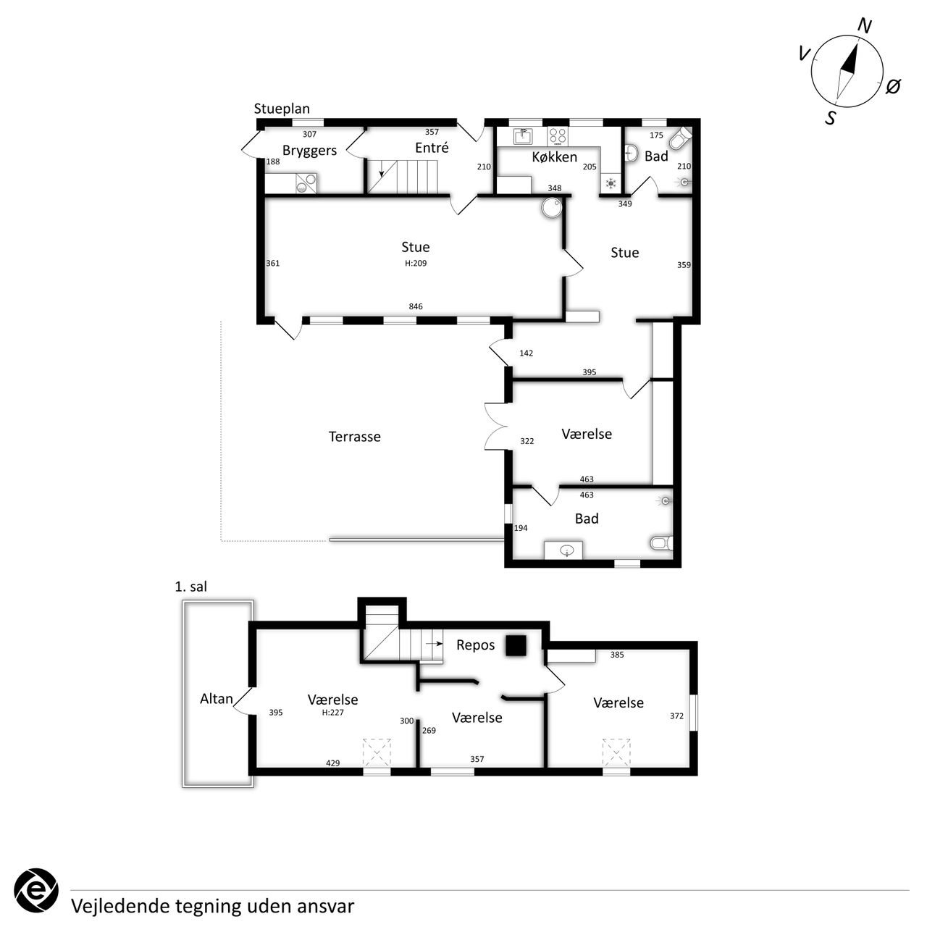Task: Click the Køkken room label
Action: pyautogui.click(x=554, y=157)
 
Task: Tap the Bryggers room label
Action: pyautogui.click(x=309, y=151)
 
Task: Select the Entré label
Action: pyautogui.click(x=432, y=147)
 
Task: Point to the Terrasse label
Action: pyautogui.click(x=355, y=436)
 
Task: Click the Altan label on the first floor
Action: pyautogui.click(x=217, y=698)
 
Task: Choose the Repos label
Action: pyautogui.click(x=475, y=645)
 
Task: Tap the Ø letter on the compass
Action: pyautogui.click(x=893, y=87)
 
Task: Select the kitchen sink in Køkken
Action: pyautogui.click(x=522, y=137)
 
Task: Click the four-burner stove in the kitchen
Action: pyautogui.click(x=558, y=136)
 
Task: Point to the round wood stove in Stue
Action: pyautogui.click(x=551, y=209)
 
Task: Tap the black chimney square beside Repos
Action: pyautogui.click(x=516, y=645)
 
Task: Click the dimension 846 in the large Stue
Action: pyautogui.click(x=416, y=306)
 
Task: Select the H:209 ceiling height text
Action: pyautogui.click(x=416, y=263)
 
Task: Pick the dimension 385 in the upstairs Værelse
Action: pyautogui.click(x=617, y=654)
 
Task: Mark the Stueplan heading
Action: pyautogui.click(x=282, y=109)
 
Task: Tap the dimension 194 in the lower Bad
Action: pyautogui.click(x=521, y=528)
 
